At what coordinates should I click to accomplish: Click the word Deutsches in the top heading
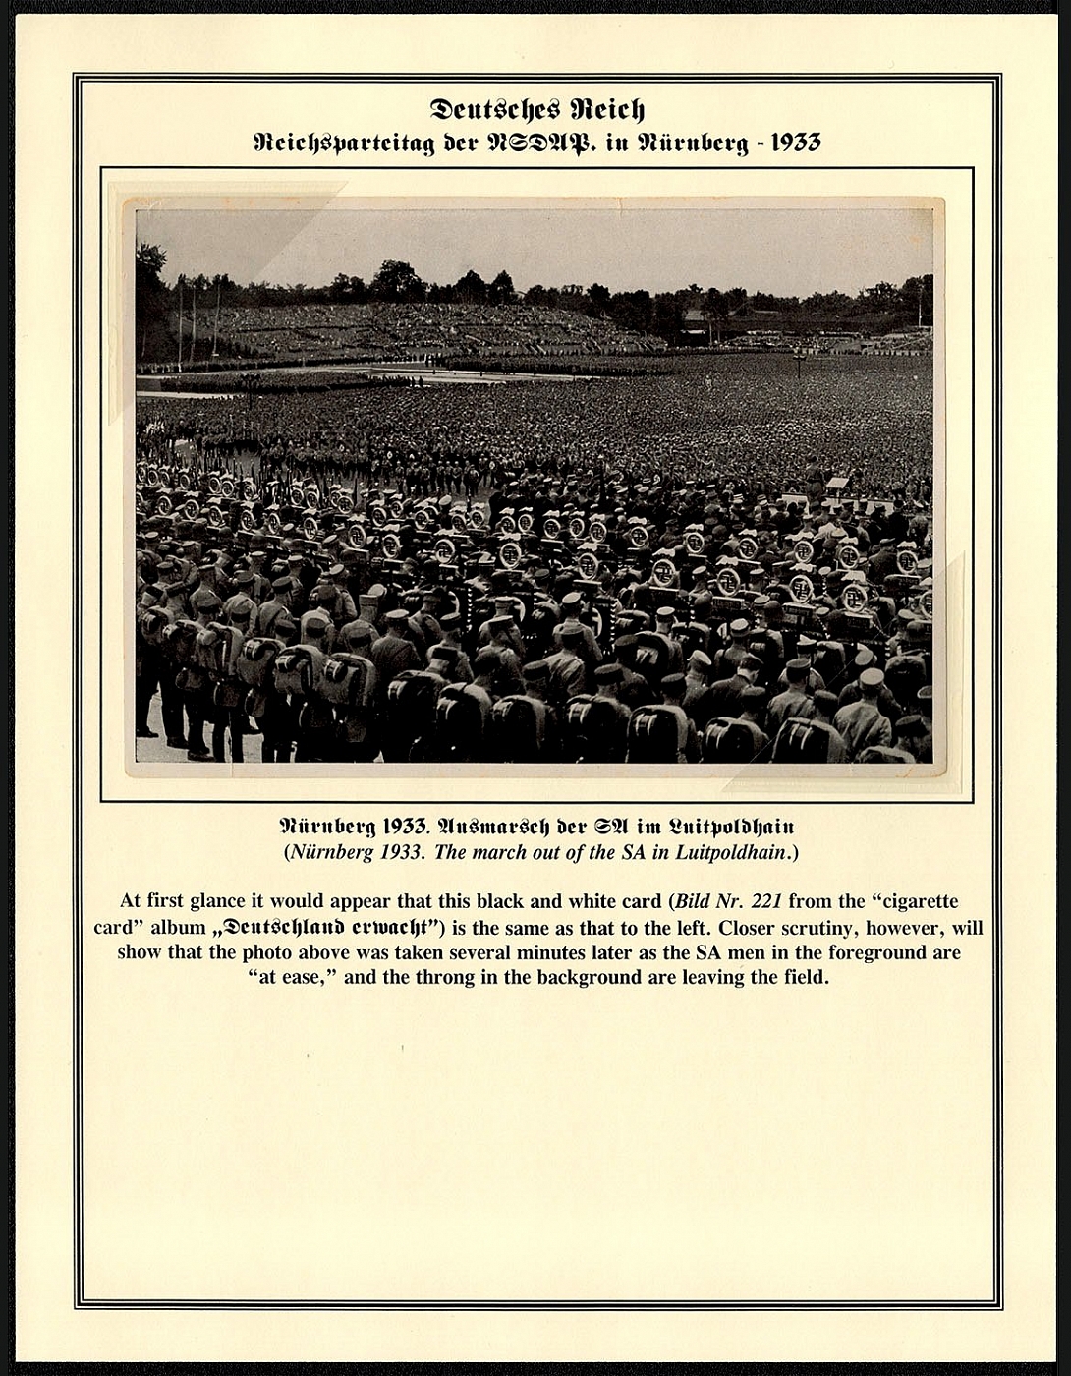(487, 109)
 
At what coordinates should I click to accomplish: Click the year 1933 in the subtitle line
(795, 143)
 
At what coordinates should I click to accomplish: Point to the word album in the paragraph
(178, 927)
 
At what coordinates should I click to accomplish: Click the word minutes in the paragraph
(561, 952)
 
